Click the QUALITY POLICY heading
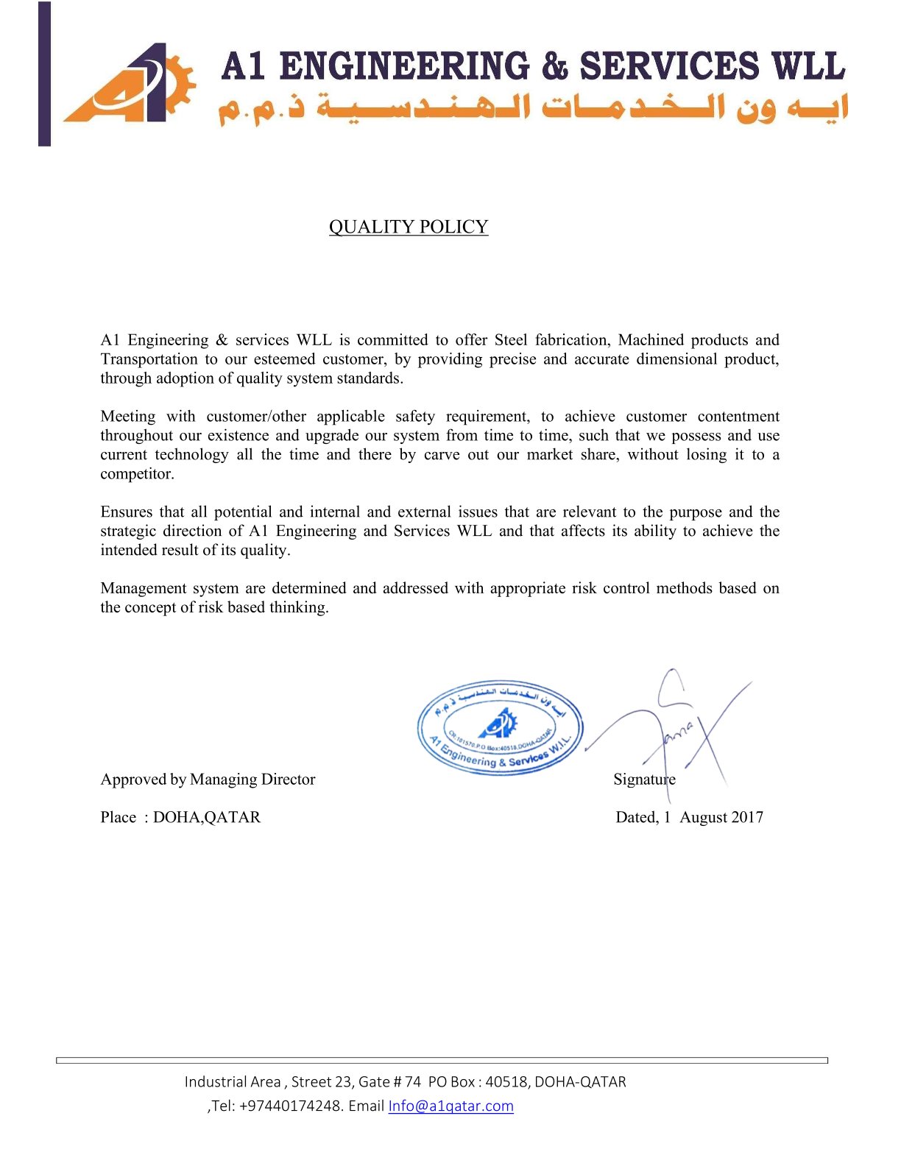[x=409, y=227]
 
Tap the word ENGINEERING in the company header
[x=404, y=66]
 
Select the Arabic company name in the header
[x=534, y=109]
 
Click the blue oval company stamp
[x=500, y=727]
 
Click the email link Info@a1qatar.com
[x=451, y=1106]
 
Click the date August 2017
[x=721, y=817]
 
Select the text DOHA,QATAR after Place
[x=207, y=817]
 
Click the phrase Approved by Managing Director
[x=208, y=779]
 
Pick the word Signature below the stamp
[x=644, y=779]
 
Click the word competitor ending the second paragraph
[x=137, y=474]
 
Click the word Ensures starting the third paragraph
[x=126, y=512]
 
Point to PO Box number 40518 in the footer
[x=506, y=1081]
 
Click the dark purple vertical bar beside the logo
[x=45, y=74]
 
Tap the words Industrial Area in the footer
[x=233, y=1081]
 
